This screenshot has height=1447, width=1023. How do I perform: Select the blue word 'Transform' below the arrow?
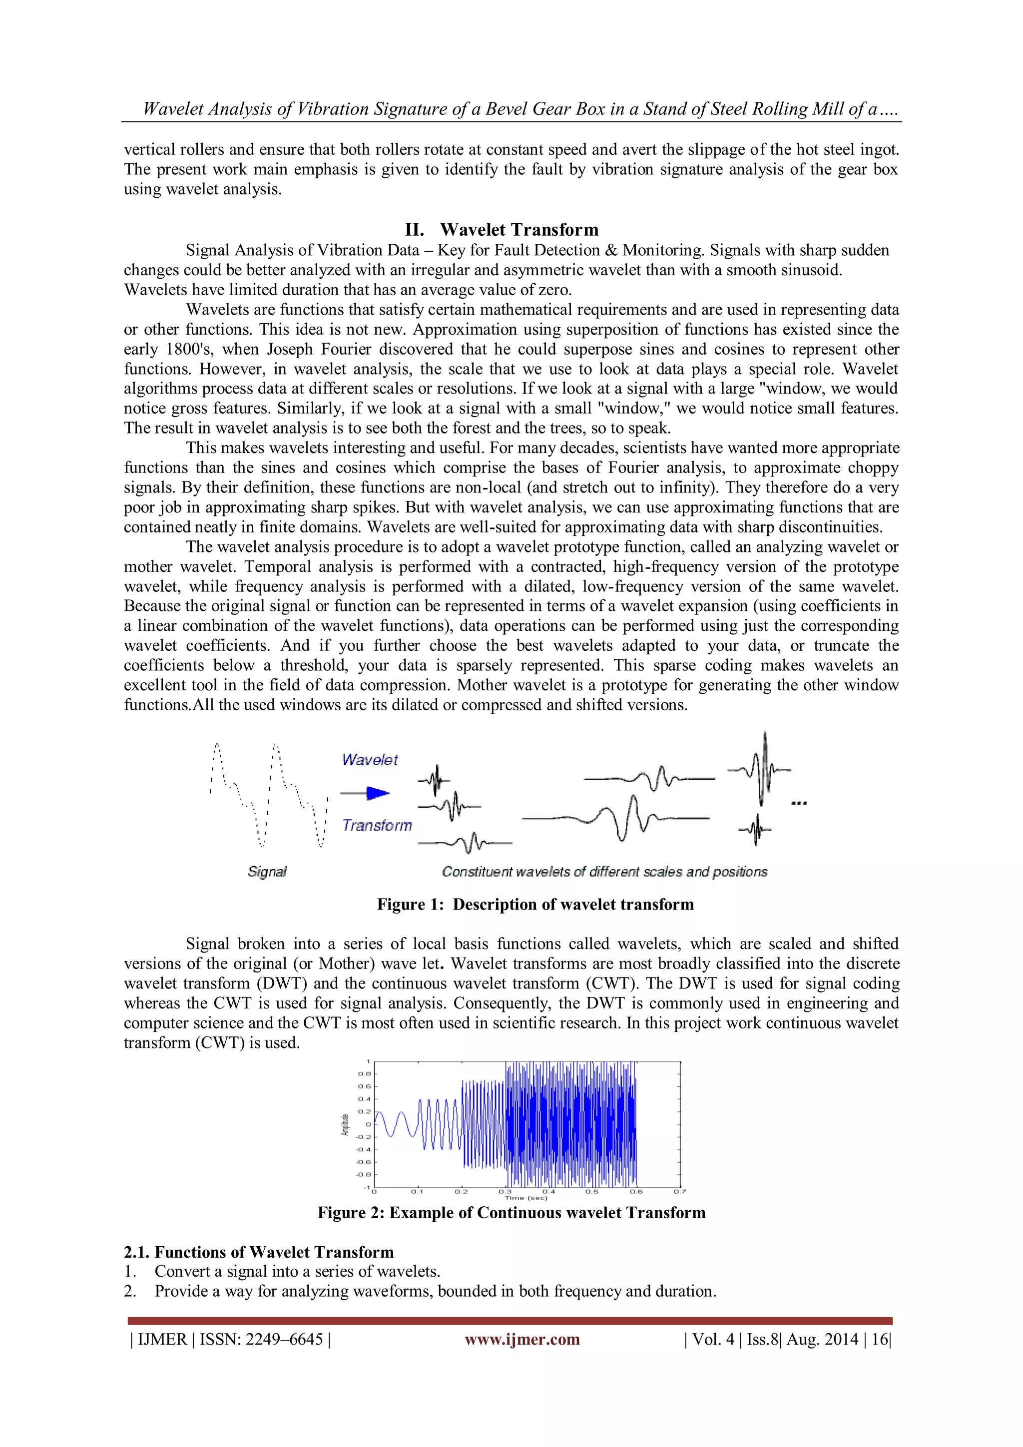[x=377, y=826]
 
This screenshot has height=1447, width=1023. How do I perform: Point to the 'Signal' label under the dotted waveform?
[x=267, y=872]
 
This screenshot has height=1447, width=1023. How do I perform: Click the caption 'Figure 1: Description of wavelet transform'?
[x=535, y=905]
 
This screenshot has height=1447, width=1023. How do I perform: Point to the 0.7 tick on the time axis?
[x=679, y=1192]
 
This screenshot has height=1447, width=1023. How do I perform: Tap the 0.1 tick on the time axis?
[x=417, y=1192]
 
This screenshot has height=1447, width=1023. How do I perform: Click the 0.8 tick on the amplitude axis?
[x=364, y=1074]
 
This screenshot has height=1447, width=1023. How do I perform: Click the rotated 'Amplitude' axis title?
[x=345, y=1125]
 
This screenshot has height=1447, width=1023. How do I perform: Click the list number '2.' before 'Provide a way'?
[x=130, y=1291]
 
